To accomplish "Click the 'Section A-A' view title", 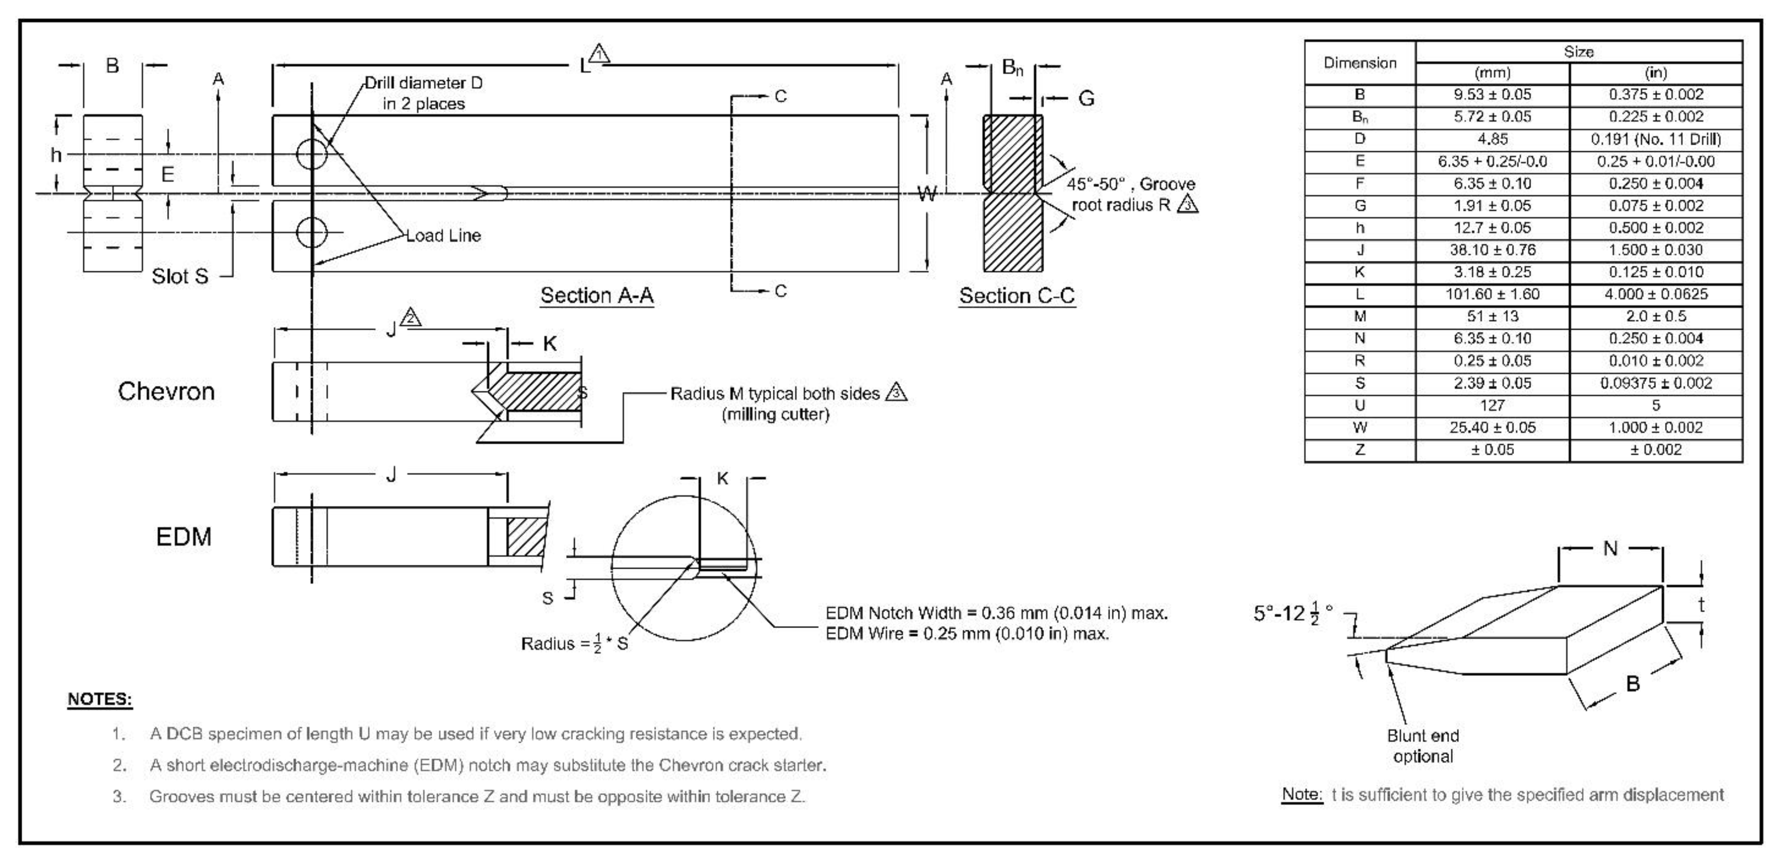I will [596, 295].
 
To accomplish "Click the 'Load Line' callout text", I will [443, 235].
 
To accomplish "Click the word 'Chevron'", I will [166, 391].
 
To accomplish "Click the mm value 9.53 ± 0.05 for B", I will [1492, 95].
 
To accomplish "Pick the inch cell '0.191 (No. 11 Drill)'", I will [1655, 139].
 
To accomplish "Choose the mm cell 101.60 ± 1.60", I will [1492, 294].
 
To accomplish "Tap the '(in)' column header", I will [1655, 73].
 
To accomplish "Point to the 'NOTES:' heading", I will [100, 699].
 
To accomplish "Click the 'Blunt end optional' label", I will [1422, 746].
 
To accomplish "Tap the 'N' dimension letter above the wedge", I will [1610, 549].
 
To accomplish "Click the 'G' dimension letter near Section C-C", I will [1086, 99].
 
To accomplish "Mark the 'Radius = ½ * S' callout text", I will [574, 644].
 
